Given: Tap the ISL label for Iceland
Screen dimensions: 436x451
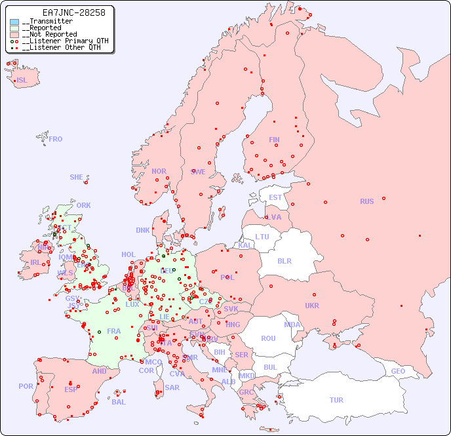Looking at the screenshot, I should click(x=22, y=81).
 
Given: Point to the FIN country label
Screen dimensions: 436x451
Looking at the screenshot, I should click(x=274, y=140).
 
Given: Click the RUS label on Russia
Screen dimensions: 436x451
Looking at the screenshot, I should click(x=366, y=201).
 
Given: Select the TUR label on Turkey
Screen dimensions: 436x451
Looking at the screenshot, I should click(x=336, y=400).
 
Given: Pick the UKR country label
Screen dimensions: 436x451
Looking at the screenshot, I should click(x=312, y=306).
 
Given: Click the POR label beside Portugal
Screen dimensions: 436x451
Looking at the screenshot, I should click(x=26, y=386).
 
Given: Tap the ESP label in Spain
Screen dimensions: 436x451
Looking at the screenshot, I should click(x=71, y=389).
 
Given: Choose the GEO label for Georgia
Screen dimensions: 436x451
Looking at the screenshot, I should click(x=398, y=371).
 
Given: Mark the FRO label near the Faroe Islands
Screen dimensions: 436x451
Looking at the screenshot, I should click(x=56, y=139).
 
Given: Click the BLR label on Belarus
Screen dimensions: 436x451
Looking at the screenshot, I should click(x=284, y=260).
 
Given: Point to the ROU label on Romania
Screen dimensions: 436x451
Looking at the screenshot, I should click(x=268, y=338).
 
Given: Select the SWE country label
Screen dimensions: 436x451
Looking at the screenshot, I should click(x=198, y=172).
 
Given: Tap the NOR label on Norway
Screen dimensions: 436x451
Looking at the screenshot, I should click(x=159, y=171).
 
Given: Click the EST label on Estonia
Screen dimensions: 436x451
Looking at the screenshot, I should click(x=275, y=197).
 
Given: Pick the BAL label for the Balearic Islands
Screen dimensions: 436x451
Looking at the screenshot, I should click(x=119, y=402).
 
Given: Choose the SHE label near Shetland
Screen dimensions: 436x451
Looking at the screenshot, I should click(x=77, y=177).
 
